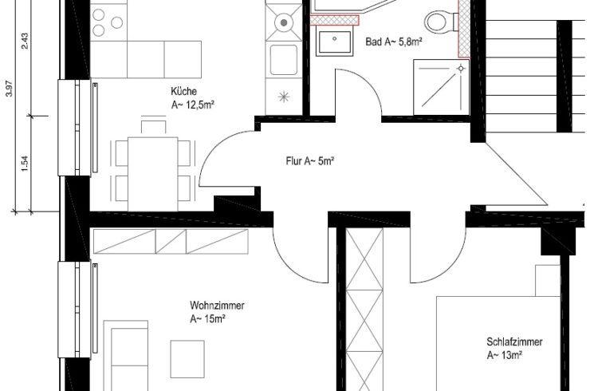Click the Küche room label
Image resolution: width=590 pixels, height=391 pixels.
(183, 92)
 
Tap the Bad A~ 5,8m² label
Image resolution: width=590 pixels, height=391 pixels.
(394, 41)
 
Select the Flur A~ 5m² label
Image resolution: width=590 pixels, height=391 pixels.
(310, 161)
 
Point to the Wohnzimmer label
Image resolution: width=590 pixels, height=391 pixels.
(217, 305)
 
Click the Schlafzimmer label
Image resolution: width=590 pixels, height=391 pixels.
(514, 342)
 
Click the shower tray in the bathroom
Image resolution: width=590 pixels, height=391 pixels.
(442, 87)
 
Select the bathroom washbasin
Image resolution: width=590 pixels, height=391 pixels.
(335, 41)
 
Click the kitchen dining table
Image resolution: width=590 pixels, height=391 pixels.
(153, 174)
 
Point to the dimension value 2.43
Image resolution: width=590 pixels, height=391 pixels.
(25, 41)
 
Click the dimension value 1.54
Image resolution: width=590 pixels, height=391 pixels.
(25, 164)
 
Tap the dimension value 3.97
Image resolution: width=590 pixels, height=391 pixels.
(9, 89)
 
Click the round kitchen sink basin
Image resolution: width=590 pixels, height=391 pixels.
(284, 22)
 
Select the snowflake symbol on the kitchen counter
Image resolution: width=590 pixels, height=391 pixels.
(283, 97)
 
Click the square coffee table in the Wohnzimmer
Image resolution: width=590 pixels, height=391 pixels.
(187, 359)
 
